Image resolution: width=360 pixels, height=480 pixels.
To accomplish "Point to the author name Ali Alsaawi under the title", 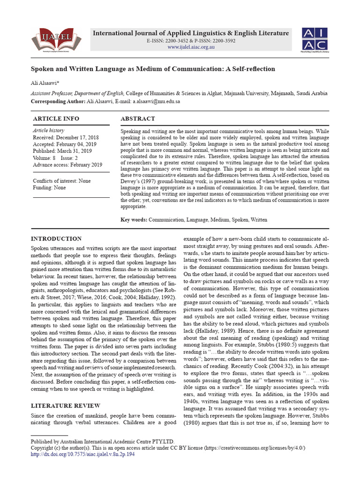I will [45, 83].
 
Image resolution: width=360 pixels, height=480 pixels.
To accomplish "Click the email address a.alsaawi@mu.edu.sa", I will [157, 101].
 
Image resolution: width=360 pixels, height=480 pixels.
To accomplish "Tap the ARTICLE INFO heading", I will [56, 119].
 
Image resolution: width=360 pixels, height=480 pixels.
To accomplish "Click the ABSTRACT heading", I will [137, 119].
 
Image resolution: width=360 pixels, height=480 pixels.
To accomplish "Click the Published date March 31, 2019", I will [62, 151].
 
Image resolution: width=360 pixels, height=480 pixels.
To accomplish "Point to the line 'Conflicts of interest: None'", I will [62, 181].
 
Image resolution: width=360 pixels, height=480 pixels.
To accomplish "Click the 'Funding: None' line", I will [49, 187].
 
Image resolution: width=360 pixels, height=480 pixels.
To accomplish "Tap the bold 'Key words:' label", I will [134, 219].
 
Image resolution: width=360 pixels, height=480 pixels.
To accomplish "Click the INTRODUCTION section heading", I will [56, 239].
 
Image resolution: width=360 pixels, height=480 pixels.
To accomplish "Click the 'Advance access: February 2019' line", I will [67, 165].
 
